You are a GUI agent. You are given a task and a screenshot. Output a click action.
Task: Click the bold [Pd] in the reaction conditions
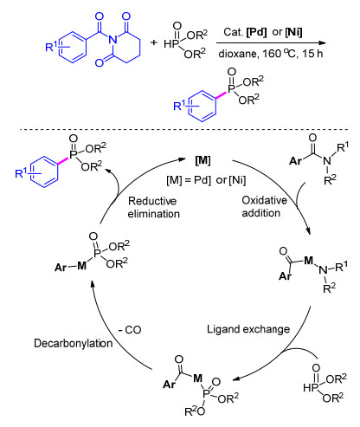pyautogui.click(x=256, y=32)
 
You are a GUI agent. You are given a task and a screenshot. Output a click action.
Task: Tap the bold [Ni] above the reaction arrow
pyautogui.click(x=293, y=32)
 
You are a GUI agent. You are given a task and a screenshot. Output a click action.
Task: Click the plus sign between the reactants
pyautogui.click(x=154, y=42)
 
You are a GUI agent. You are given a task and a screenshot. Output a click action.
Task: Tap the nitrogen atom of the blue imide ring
pyautogui.click(x=113, y=40)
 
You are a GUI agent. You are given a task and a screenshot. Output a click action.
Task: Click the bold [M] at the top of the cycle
pyautogui.click(x=202, y=160)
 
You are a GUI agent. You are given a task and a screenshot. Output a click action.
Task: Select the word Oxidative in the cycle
pyautogui.click(x=264, y=200)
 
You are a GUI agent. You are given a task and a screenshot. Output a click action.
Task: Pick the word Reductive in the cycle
pyautogui.click(x=152, y=201)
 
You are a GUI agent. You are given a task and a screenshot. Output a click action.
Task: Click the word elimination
pyautogui.click(x=154, y=214)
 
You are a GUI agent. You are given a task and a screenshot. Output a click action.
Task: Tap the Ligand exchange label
pyautogui.click(x=248, y=329)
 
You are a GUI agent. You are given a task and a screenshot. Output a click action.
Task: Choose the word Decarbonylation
pyautogui.click(x=74, y=343)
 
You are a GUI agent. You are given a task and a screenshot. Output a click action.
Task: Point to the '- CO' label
pyautogui.click(x=130, y=330)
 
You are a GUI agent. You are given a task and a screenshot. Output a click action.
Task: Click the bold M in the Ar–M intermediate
pyautogui.click(x=82, y=266)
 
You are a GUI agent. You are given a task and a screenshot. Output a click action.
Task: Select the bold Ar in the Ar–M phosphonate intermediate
pyautogui.click(x=61, y=268)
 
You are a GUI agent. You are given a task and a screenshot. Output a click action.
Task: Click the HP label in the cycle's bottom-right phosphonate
pyautogui.click(x=311, y=388)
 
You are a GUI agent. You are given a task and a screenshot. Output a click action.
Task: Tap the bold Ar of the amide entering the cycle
pyautogui.click(x=295, y=160)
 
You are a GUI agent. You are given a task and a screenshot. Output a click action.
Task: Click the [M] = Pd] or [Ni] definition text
pyautogui.click(x=206, y=180)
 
